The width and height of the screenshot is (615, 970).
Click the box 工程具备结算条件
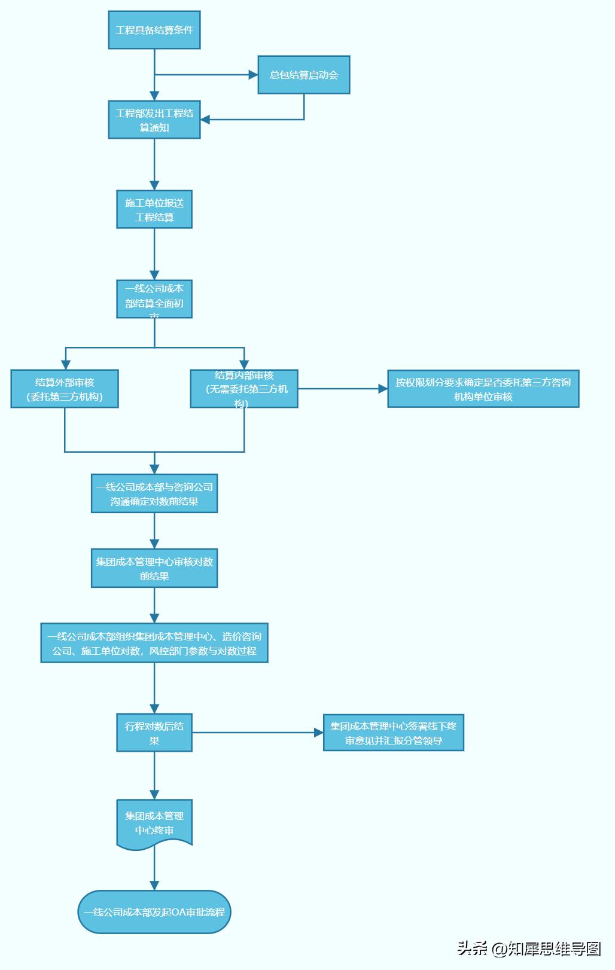[154, 30]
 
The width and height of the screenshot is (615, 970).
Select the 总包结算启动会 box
[304, 75]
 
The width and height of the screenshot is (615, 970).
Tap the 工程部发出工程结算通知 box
[154, 120]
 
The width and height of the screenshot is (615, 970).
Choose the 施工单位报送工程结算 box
[154, 210]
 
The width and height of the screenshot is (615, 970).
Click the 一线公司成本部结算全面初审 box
[154, 299]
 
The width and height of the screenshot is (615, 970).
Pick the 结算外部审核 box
[65, 389]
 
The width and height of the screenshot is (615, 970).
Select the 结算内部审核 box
[244, 389]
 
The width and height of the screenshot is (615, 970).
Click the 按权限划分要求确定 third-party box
[483, 389]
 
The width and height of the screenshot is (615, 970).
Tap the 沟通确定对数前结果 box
[154, 494]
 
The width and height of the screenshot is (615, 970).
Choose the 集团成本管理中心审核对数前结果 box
[154, 569]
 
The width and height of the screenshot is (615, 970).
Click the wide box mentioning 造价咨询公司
[154, 643]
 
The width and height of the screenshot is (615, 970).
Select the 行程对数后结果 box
[154, 733]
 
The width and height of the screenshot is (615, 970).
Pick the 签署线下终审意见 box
[394, 733]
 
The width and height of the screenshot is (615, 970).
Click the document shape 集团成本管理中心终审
[154, 823]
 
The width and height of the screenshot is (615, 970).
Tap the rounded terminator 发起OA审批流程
[154, 912]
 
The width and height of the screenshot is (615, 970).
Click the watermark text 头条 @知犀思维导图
[529, 948]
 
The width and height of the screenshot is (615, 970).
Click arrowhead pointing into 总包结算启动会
[253, 75]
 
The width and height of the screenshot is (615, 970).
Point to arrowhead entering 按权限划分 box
[383, 389]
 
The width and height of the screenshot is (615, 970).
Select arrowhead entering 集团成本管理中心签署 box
[319, 733]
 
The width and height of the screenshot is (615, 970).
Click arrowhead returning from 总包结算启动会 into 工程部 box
[205, 120]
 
